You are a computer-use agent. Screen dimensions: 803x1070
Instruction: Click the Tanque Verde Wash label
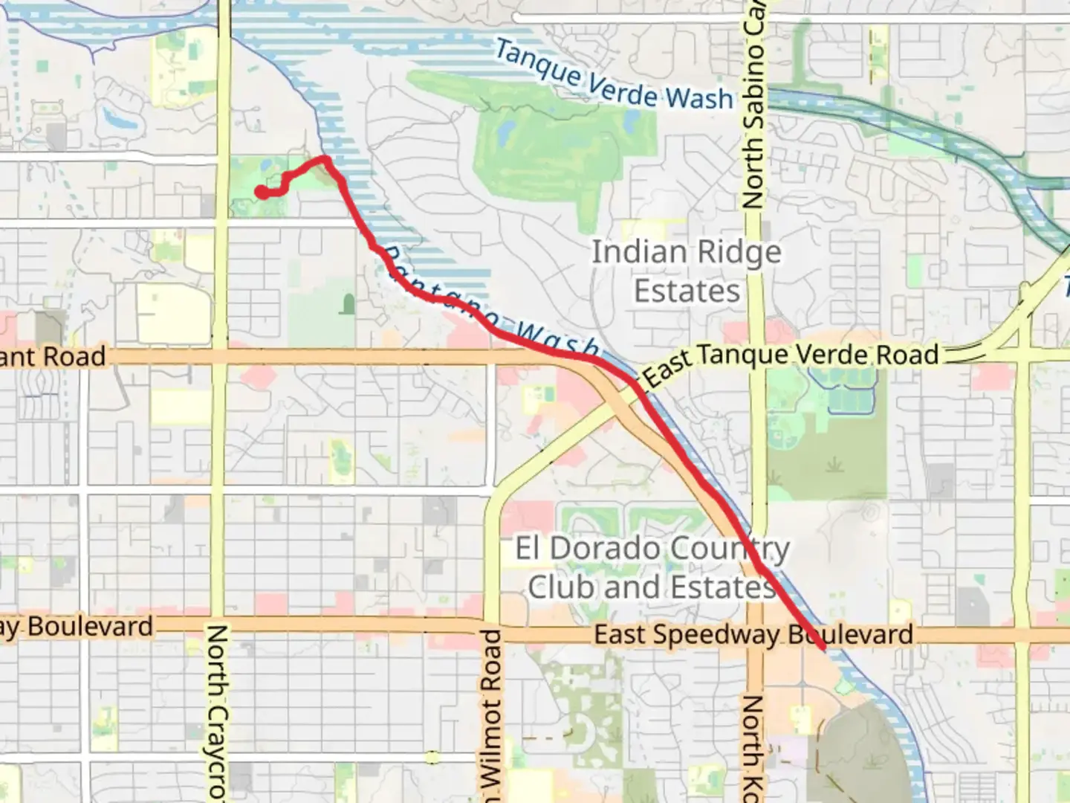(614, 76)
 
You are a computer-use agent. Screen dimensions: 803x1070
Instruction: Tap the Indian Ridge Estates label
(687, 271)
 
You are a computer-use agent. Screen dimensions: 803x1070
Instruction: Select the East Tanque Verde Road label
(791, 358)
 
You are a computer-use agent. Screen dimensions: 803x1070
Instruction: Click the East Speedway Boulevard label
(753, 635)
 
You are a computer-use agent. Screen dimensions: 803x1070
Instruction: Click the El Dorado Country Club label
(652, 568)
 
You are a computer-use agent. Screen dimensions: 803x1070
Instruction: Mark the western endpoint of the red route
(262, 193)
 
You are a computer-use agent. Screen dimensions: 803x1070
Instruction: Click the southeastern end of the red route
(823, 648)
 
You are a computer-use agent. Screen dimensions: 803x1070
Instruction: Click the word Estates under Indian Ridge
(687, 291)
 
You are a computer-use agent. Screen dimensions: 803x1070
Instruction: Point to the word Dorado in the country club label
(605, 549)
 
